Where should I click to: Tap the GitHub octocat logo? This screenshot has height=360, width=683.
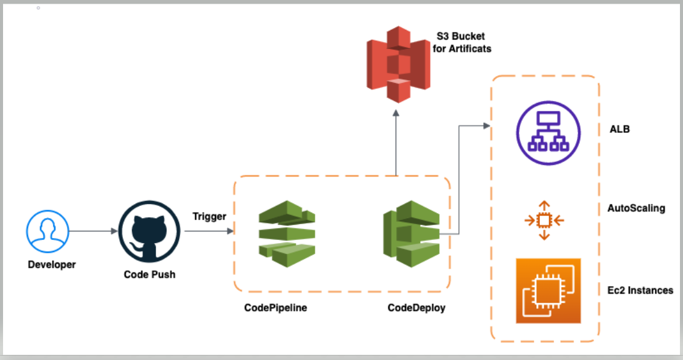click(x=149, y=231)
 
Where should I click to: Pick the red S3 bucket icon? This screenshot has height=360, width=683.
click(x=396, y=64)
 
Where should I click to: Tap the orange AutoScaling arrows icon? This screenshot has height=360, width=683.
click(x=544, y=220)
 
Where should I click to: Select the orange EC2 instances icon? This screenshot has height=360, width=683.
click(x=548, y=291)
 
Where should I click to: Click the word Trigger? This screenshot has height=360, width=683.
click(x=209, y=216)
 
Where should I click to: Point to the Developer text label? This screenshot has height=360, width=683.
click(x=52, y=264)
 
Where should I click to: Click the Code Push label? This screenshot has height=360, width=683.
click(x=149, y=274)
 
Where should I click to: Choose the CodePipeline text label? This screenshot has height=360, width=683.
click(x=275, y=308)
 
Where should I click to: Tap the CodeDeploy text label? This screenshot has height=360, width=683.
click(x=416, y=308)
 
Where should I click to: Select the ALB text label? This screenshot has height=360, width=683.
click(x=619, y=130)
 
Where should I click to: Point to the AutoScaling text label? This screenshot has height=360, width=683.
click(x=636, y=208)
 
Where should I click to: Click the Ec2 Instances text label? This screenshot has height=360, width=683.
click(x=640, y=290)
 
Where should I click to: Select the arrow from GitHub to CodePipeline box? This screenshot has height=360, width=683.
click(x=209, y=231)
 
